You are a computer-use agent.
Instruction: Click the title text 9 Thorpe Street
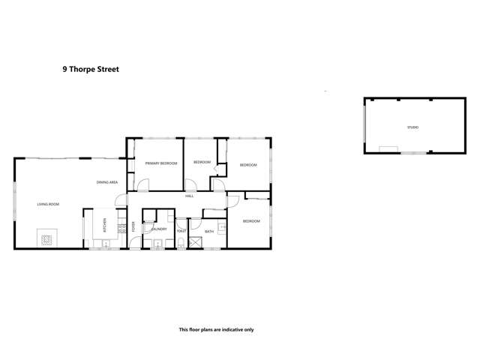pos(90,68)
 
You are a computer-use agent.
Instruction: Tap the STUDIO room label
pos(412,127)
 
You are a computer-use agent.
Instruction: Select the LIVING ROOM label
pos(49,204)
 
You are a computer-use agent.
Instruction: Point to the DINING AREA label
pos(106,182)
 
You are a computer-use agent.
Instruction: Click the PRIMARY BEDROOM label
pos(161,163)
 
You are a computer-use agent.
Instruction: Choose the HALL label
pos(190,196)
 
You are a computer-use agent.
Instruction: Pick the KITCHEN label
pos(104,225)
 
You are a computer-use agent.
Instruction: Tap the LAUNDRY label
pos(158,229)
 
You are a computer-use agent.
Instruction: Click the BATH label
pos(209,232)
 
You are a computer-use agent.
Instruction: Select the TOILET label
pos(181,232)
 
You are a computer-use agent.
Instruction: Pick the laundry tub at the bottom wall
pos(158,242)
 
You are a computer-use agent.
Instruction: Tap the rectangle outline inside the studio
pos(388,148)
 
